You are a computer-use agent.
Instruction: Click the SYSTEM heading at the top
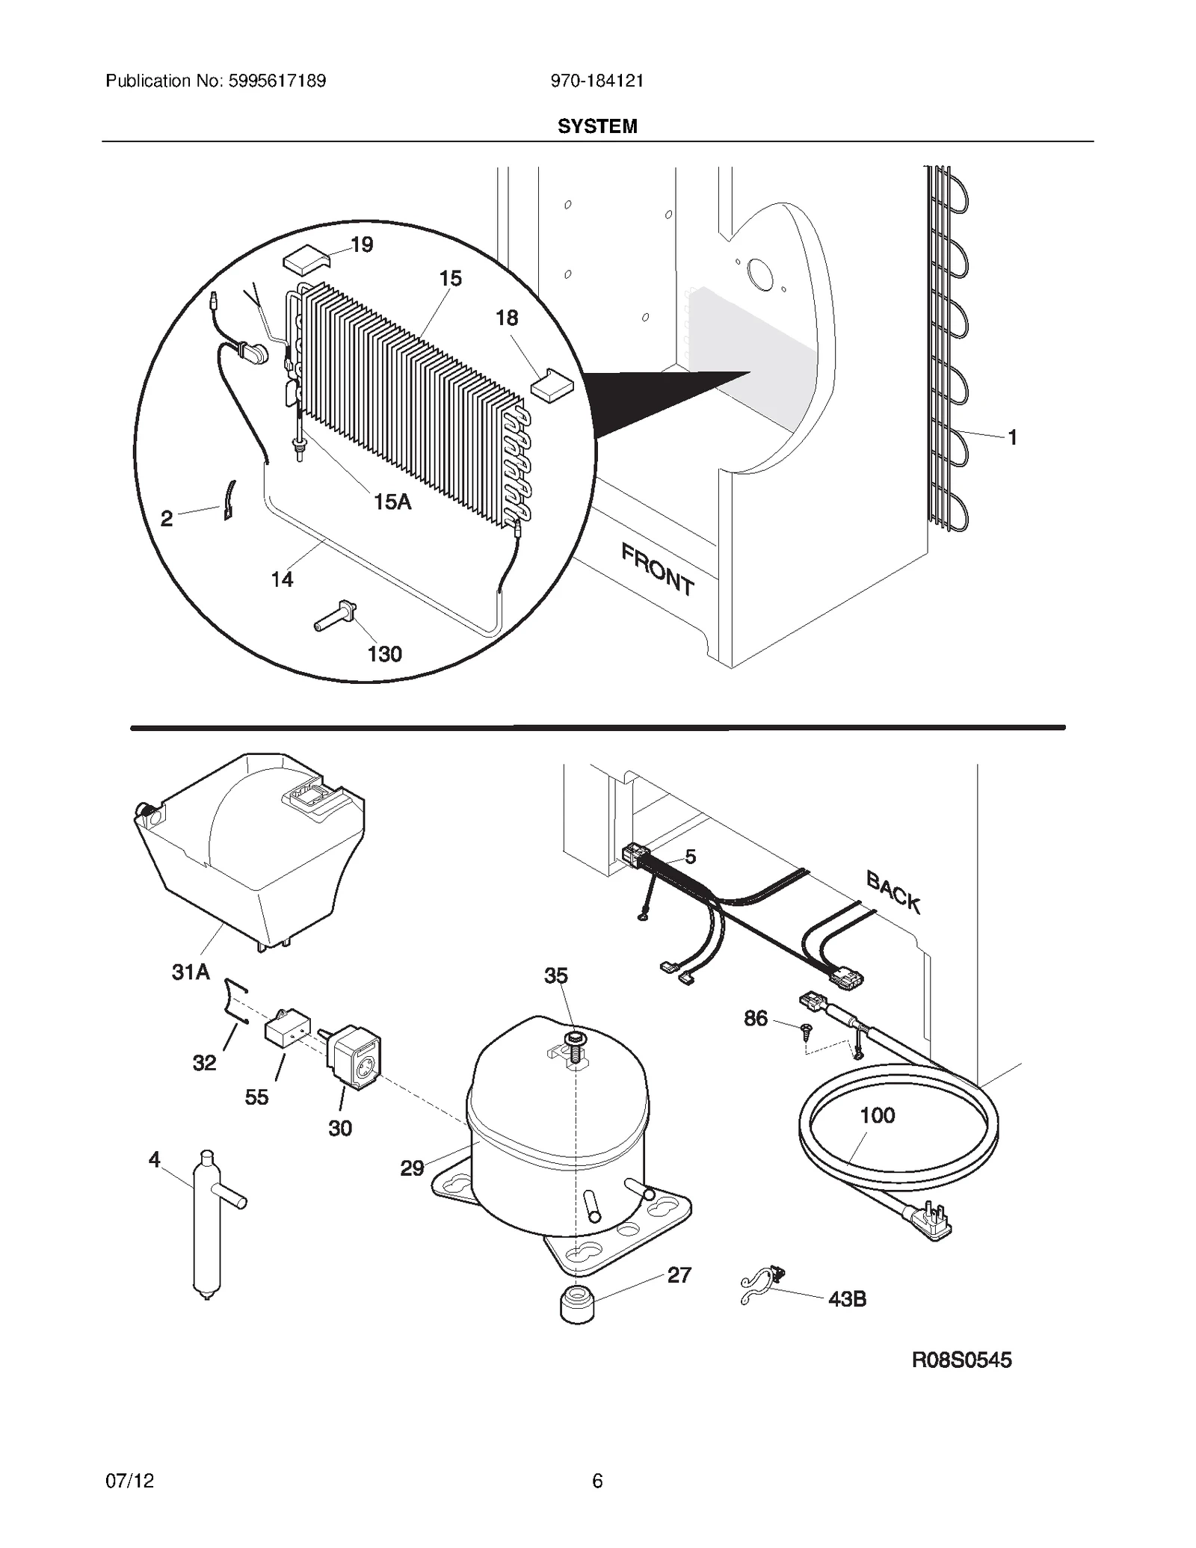click(x=597, y=126)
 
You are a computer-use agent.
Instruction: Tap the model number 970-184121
click(x=597, y=81)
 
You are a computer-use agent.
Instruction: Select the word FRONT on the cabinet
click(x=657, y=569)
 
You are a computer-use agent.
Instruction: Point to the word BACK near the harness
click(x=893, y=892)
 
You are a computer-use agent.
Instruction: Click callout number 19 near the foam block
click(x=362, y=244)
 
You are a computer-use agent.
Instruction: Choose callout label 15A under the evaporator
click(x=392, y=502)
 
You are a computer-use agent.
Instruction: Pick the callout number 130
click(x=384, y=654)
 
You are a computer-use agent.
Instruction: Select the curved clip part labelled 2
click(x=229, y=500)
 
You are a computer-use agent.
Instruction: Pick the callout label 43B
click(x=847, y=1299)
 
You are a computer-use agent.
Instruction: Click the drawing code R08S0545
click(x=961, y=1360)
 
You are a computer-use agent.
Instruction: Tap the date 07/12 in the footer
click(x=130, y=1480)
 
